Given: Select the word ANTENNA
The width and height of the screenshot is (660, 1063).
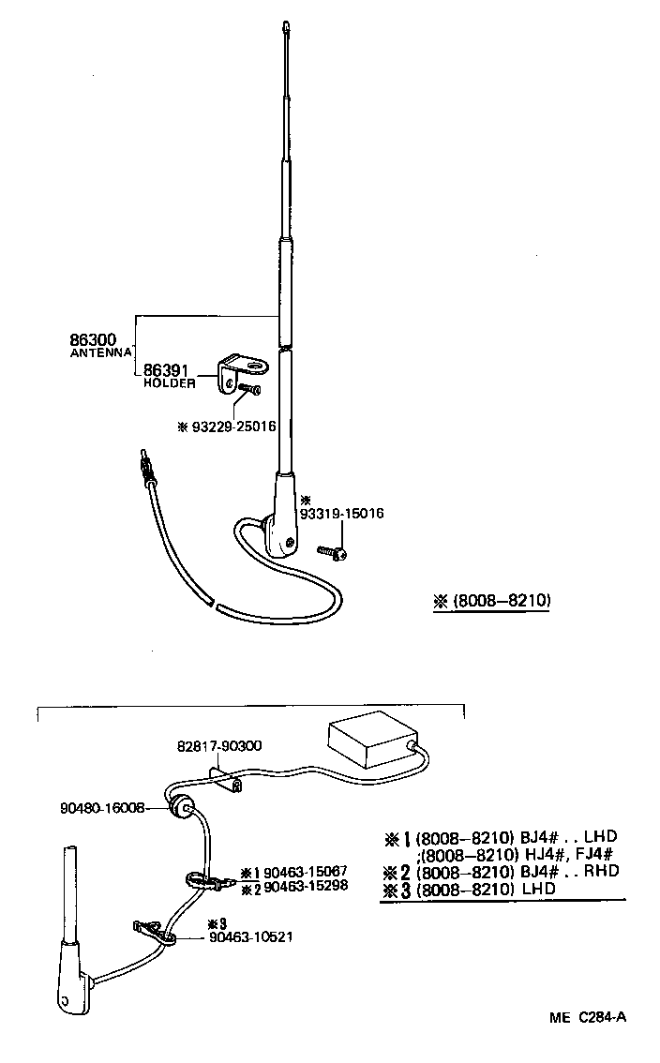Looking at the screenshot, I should [101, 353].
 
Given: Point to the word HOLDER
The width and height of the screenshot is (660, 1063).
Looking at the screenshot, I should [169, 383].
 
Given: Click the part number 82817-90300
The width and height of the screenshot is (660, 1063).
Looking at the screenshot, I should [218, 746].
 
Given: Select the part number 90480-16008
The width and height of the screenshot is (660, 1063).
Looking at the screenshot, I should [102, 806].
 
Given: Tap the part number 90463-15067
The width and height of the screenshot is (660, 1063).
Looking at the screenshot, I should [306, 872].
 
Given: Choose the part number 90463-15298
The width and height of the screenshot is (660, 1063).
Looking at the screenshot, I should [306, 886].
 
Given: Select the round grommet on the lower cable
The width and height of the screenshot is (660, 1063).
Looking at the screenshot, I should [182, 807].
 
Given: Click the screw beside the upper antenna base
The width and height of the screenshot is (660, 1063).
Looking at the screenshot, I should [332, 552].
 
